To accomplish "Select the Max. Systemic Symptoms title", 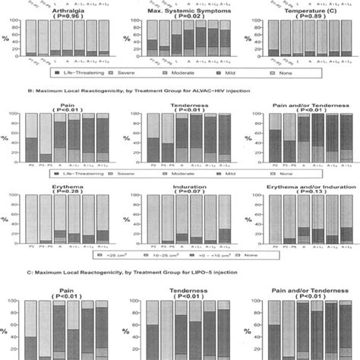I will tap(181, 5).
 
